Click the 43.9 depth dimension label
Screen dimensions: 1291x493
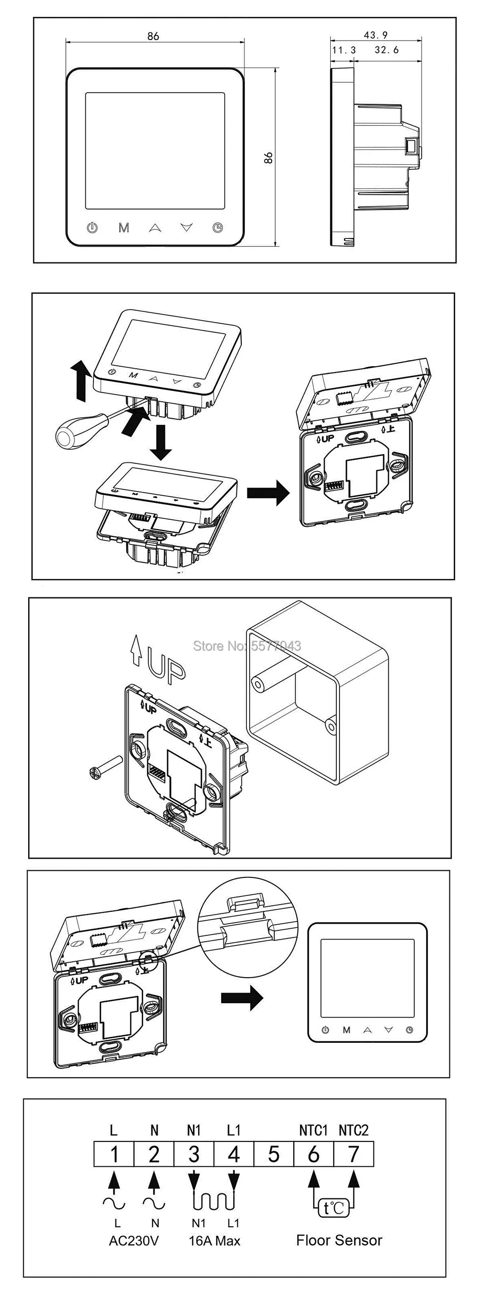click(375, 35)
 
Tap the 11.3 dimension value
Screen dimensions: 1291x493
click(344, 50)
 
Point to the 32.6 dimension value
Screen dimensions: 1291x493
click(386, 50)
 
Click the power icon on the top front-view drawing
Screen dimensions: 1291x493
click(92, 227)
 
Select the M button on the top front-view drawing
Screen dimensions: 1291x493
click(124, 228)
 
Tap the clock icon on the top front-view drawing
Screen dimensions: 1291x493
click(218, 227)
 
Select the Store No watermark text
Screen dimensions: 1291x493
click(247, 646)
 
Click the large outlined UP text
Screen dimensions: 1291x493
click(165, 667)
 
